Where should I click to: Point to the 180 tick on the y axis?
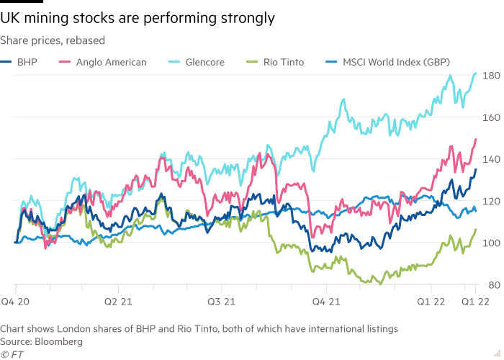(x=491, y=76)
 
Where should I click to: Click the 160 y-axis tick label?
(x=491, y=117)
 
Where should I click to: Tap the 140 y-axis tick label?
(x=491, y=159)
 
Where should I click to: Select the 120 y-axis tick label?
(x=491, y=201)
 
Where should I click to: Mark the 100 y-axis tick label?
(x=491, y=243)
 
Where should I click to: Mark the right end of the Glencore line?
(x=477, y=73)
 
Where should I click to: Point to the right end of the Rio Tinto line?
(x=476, y=229)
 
